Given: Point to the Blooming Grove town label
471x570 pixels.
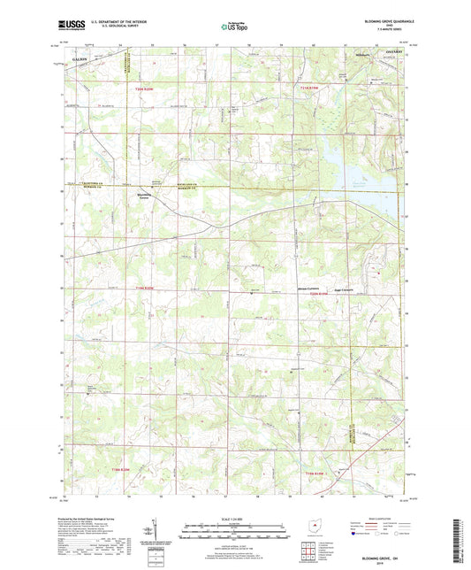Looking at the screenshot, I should pyautogui.click(x=141, y=196).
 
